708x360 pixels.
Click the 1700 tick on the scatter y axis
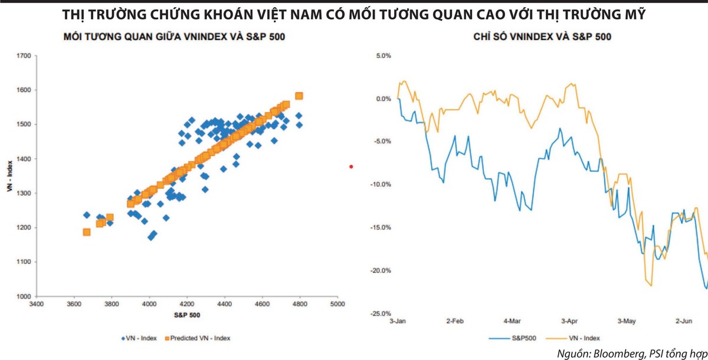(24, 56)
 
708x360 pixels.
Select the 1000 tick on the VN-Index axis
(24, 296)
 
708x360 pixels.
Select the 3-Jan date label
(398, 322)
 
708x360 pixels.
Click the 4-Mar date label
(512, 322)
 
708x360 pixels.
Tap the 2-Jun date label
(684, 322)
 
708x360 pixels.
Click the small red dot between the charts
(351, 166)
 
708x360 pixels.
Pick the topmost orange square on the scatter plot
(299, 96)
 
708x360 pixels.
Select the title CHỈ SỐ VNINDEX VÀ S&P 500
(542, 37)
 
